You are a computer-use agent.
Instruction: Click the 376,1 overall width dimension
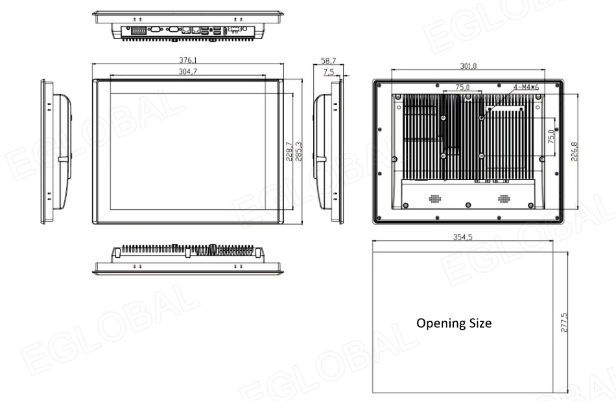coord(189,60)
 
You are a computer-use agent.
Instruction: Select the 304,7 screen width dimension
coord(188,72)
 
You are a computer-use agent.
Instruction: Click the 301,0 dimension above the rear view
coord(468,66)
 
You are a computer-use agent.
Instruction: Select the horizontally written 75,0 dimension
coord(462,87)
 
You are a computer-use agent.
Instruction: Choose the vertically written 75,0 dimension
coord(551,137)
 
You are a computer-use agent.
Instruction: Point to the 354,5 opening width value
coord(462,237)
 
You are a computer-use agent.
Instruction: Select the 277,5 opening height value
coord(564,322)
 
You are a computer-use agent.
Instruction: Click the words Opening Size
coord(453,323)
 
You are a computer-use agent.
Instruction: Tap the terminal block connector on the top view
coord(139,30)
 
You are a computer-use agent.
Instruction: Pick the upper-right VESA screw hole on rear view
coord(482,117)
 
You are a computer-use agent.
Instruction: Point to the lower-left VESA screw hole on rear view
coord(443,155)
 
